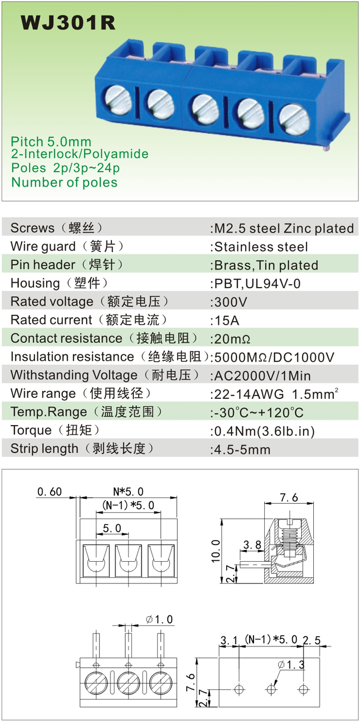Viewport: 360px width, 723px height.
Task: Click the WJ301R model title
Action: pyautogui.click(x=68, y=23)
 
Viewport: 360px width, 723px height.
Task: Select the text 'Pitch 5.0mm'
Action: pyautogui.click(x=51, y=141)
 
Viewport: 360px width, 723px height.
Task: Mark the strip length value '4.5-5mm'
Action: pyautogui.click(x=242, y=449)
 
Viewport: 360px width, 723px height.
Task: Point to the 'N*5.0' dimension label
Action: pyautogui.click(x=128, y=491)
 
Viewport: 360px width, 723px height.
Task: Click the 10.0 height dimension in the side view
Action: pyautogui.click(x=215, y=550)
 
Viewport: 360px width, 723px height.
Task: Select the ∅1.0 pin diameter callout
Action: pyautogui.click(x=159, y=619)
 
